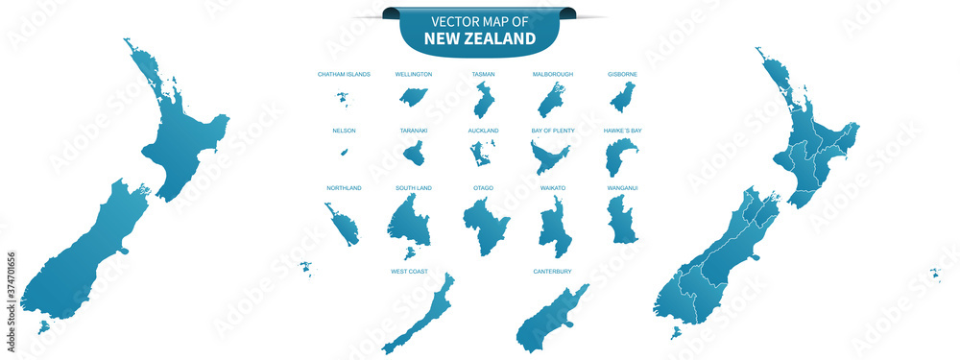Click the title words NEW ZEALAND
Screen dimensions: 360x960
click(480, 39)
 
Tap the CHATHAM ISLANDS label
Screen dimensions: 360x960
click(344, 74)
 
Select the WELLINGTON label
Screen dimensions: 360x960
click(414, 74)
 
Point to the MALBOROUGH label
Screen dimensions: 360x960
click(552, 74)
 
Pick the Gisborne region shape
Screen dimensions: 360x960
click(623, 97)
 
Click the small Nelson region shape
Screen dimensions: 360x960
click(344, 152)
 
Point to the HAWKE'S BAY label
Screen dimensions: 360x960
click(622, 131)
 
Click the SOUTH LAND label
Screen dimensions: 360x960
click(414, 188)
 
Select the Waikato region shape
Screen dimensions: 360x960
click(554, 227)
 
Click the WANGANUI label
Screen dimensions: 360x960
click(622, 188)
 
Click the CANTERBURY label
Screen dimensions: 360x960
click(552, 272)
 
